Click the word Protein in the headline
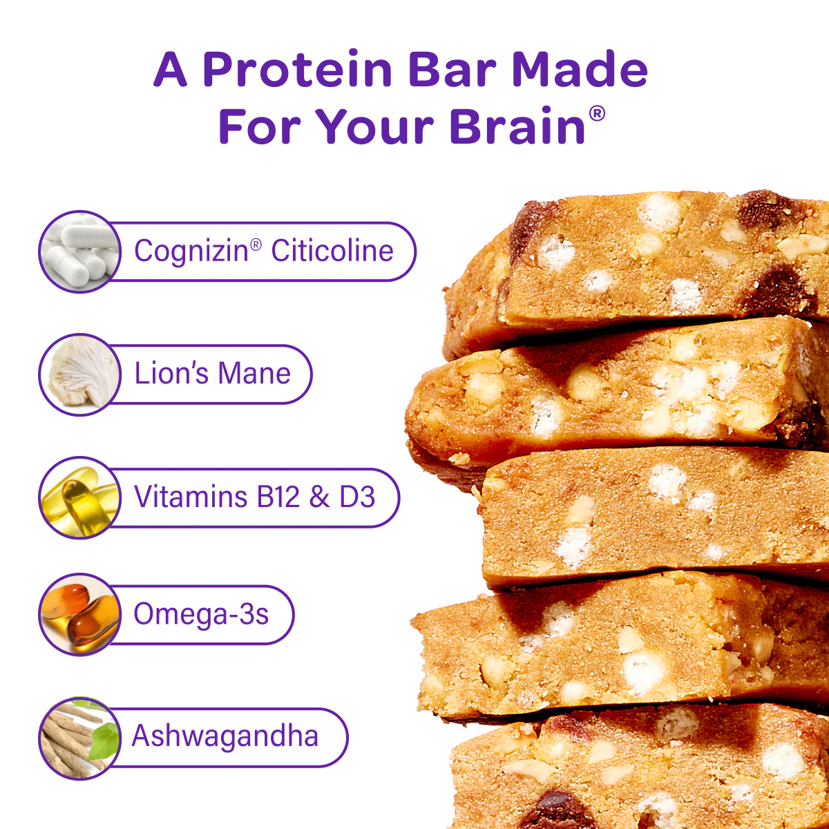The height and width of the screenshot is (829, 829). pyautogui.click(x=297, y=70)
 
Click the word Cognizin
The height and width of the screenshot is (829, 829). pyautogui.click(x=191, y=251)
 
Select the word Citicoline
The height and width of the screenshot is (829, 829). pyautogui.click(x=332, y=251)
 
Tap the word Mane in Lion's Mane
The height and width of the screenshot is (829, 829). pyautogui.click(x=256, y=374)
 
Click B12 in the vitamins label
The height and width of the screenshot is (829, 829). pyautogui.click(x=278, y=497)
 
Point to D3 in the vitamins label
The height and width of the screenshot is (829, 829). pyautogui.click(x=357, y=497)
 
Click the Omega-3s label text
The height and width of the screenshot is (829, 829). pyautogui.click(x=201, y=614)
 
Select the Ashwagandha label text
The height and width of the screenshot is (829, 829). pyautogui.click(x=225, y=736)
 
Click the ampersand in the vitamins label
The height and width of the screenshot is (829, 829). pyautogui.click(x=319, y=497)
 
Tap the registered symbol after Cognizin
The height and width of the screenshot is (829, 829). pyautogui.click(x=256, y=244)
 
